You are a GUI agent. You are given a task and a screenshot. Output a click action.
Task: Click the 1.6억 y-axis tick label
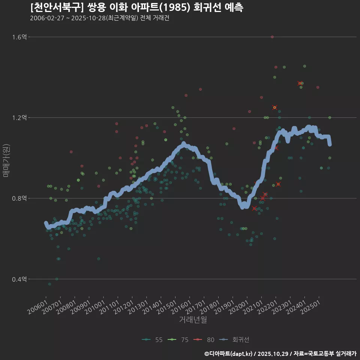tap(19, 37)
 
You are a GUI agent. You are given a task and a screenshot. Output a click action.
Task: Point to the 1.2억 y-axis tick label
tap(19, 117)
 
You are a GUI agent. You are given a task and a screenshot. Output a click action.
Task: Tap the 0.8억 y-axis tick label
tap(19, 198)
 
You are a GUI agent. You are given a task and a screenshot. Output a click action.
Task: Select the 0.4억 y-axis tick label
tap(19, 279)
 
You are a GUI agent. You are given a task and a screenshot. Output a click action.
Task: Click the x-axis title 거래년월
tap(193, 320)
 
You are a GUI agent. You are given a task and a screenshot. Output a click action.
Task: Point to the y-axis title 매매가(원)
tap(6, 160)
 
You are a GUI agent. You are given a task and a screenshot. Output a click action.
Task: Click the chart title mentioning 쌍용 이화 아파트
tap(137, 7)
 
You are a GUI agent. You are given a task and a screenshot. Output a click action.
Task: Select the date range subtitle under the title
tap(100, 18)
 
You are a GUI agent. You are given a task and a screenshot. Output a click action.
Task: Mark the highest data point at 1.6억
tap(272, 37)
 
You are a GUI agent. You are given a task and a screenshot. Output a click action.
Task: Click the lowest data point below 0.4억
tap(49, 284)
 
